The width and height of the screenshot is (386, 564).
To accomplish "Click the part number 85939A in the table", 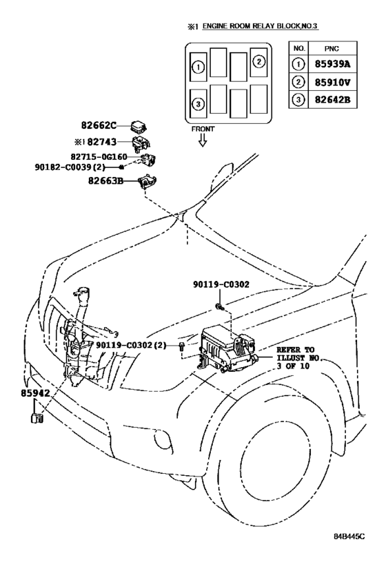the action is click(x=332, y=64).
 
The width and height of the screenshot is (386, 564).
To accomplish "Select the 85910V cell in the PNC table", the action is click(x=332, y=83).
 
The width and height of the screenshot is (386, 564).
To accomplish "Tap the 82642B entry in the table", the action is click(x=332, y=99).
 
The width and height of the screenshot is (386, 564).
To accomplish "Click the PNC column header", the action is click(x=332, y=49).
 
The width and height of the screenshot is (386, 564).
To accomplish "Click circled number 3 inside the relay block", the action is click(x=198, y=104).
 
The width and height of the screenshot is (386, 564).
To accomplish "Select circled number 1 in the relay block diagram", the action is click(x=198, y=67).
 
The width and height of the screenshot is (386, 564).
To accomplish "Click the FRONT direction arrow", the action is click(x=203, y=140).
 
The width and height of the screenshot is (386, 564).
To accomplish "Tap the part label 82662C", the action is click(x=99, y=125).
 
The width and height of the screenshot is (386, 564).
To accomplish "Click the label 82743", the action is click(x=102, y=142).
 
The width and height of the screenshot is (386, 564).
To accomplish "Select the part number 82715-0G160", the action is click(x=99, y=157).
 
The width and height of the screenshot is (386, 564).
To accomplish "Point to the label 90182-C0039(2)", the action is click(x=70, y=167).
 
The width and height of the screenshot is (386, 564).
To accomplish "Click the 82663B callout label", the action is click(x=105, y=180).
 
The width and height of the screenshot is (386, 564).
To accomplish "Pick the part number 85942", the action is click(x=35, y=393).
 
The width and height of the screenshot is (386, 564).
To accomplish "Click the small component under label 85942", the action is click(x=37, y=418).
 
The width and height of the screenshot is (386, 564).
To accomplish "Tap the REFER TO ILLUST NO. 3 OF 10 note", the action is click(x=298, y=358).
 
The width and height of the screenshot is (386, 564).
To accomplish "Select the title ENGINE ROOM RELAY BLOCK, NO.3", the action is click(x=260, y=26).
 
